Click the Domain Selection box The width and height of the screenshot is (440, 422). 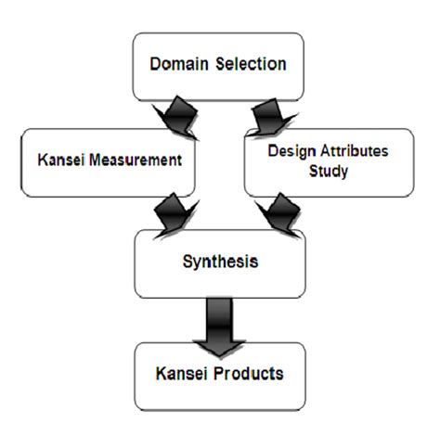218,67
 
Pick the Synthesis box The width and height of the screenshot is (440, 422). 219,262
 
